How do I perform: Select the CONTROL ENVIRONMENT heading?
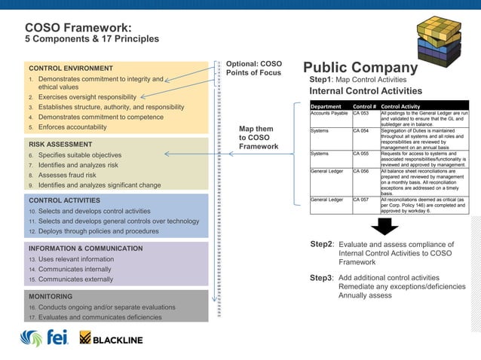(x=71, y=68)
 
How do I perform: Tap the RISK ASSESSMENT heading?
(x=60, y=143)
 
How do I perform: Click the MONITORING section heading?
(x=51, y=297)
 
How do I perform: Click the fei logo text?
(x=58, y=338)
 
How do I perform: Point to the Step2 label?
(x=322, y=245)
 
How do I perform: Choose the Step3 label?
(x=322, y=278)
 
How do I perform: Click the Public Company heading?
(x=360, y=68)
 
